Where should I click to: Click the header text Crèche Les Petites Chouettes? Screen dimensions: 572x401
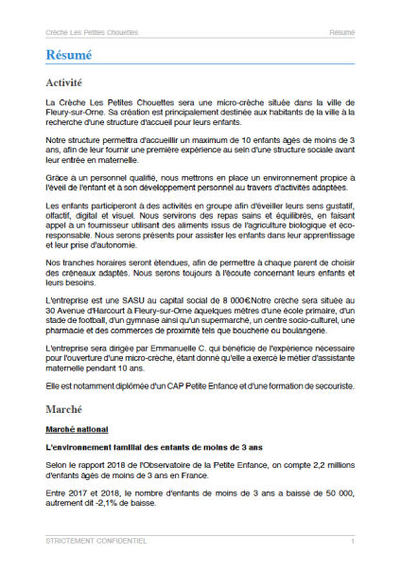coord(92,32)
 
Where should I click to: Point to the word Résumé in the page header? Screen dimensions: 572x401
coord(342,32)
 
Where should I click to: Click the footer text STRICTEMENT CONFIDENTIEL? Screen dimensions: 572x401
coord(96,541)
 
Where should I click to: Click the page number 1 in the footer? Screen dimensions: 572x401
coord(352,541)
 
